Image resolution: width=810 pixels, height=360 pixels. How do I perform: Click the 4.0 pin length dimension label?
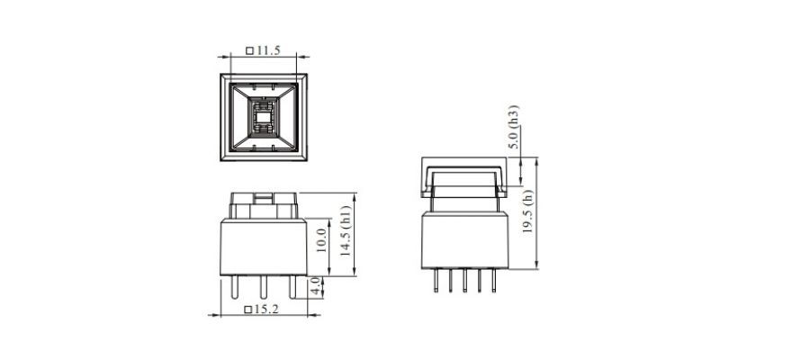coord(314,287)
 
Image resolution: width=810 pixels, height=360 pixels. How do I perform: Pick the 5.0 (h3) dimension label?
coord(514,127)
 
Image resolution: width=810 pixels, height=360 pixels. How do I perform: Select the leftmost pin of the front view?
coord(235,288)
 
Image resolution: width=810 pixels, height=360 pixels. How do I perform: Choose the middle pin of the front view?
coord(263,288)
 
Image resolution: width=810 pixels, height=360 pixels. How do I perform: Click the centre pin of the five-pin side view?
coord(464,281)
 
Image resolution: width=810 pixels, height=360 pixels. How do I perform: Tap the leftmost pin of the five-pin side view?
coord(436,281)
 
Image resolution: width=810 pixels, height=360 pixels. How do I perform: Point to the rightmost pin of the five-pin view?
coord(493,281)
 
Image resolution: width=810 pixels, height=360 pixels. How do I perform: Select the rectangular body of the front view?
coord(263,247)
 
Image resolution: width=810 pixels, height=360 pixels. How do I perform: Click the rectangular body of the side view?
coord(464,239)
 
